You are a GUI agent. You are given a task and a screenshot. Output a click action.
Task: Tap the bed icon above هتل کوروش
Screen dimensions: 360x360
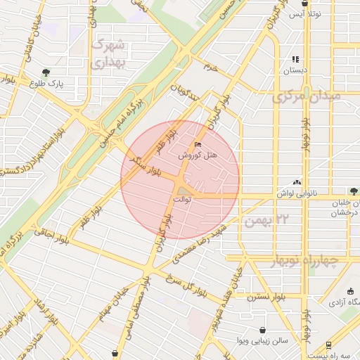click(197, 144)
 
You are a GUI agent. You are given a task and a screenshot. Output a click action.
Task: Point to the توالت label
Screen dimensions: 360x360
click(182, 200)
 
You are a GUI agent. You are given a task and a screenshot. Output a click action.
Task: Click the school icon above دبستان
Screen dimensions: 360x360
click(295, 60)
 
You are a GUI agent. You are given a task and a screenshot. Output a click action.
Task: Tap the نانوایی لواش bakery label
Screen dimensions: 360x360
click(297, 193)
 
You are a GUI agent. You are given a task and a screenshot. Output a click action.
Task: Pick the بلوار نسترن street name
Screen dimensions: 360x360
click(266, 297)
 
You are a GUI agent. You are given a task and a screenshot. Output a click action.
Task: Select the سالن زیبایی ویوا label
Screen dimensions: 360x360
click(262, 341)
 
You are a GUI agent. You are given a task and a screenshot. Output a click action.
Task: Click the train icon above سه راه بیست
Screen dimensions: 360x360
click(328, 345)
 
